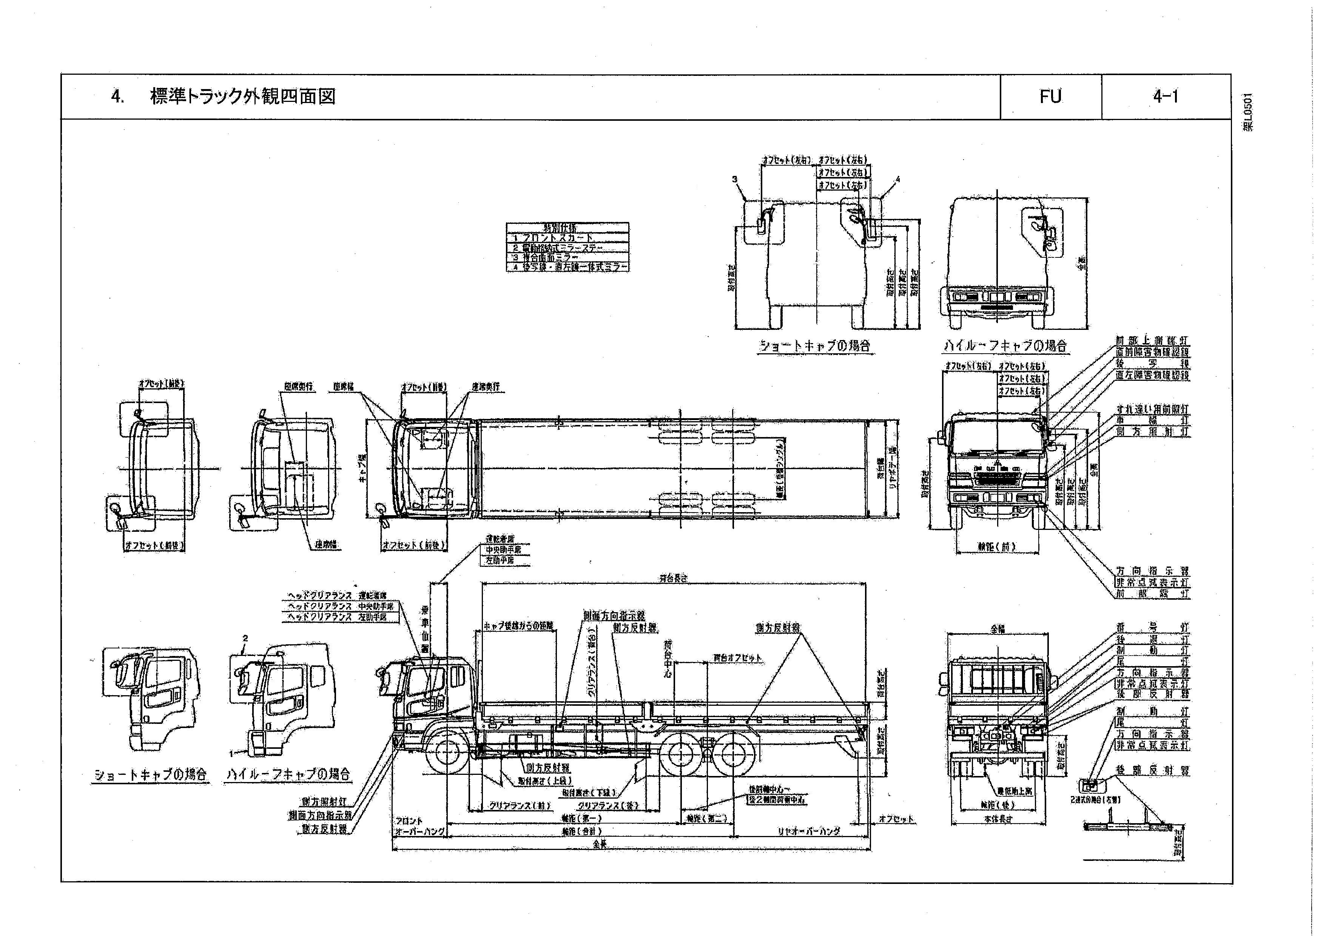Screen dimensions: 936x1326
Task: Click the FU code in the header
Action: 1050,96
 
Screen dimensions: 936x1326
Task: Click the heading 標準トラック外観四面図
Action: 242,96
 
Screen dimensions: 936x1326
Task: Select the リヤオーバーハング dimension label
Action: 808,831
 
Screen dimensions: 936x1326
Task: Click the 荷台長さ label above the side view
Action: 673,578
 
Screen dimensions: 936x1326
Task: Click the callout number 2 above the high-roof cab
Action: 245,639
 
